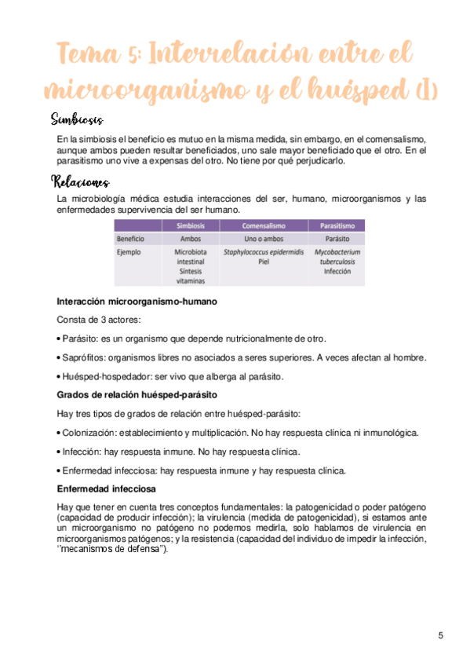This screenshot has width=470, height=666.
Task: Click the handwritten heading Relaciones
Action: click(80, 182)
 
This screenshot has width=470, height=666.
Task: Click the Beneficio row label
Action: click(131, 238)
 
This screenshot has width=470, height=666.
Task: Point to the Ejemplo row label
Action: click(129, 253)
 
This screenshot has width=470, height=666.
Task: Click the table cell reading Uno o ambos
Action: click(263, 238)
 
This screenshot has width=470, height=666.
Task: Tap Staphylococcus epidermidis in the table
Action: click(263, 253)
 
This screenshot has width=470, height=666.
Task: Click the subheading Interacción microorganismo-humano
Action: click(137, 302)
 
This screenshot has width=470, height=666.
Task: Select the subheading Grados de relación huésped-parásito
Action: click(137, 394)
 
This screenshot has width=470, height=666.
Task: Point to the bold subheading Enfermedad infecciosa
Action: click(106, 488)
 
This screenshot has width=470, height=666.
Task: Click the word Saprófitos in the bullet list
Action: click(82, 357)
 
